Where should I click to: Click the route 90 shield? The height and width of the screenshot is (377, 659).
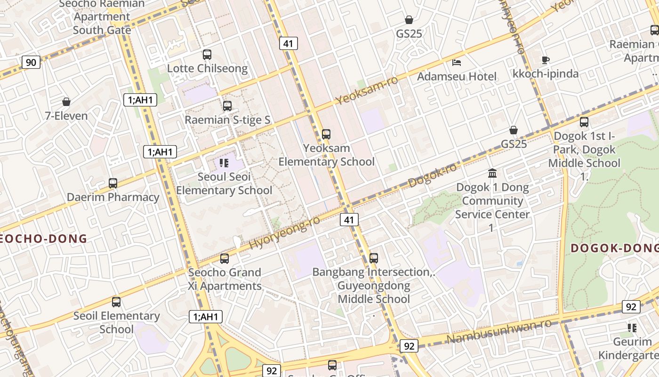click(31, 62)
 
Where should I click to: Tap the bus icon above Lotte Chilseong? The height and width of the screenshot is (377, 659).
click(207, 55)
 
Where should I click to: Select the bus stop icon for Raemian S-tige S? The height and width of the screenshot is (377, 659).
click(227, 106)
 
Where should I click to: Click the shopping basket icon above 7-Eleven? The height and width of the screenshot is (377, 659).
click(66, 102)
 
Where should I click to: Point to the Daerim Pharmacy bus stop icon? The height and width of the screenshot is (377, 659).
click(113, 183)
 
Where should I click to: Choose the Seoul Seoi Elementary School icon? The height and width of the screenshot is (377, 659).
click(224, 163)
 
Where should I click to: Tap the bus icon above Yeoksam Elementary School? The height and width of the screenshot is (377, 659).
click(326, 134)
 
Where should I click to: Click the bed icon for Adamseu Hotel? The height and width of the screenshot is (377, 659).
click(457, 62)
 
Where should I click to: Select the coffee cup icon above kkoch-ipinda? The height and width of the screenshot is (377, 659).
click(545, 60)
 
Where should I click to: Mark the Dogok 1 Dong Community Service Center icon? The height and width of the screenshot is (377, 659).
click(492, 173)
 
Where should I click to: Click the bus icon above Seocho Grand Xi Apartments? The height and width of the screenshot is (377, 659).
click(225, 259)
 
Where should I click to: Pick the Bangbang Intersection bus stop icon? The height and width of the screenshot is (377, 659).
click(374, 258)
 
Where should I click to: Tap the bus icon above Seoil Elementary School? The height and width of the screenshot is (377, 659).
click(116, 302)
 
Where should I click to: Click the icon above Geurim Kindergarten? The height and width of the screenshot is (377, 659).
click(632, 328)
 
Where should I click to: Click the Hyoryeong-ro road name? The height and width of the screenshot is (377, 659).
click(284, 233)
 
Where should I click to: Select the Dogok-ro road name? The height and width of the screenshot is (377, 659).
click(433, 175)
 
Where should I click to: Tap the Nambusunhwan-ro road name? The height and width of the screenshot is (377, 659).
click(499, 331)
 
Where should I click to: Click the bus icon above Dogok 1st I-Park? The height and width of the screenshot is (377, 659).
click(584, 122)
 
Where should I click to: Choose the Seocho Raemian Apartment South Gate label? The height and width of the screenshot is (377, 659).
click(102, 17)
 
